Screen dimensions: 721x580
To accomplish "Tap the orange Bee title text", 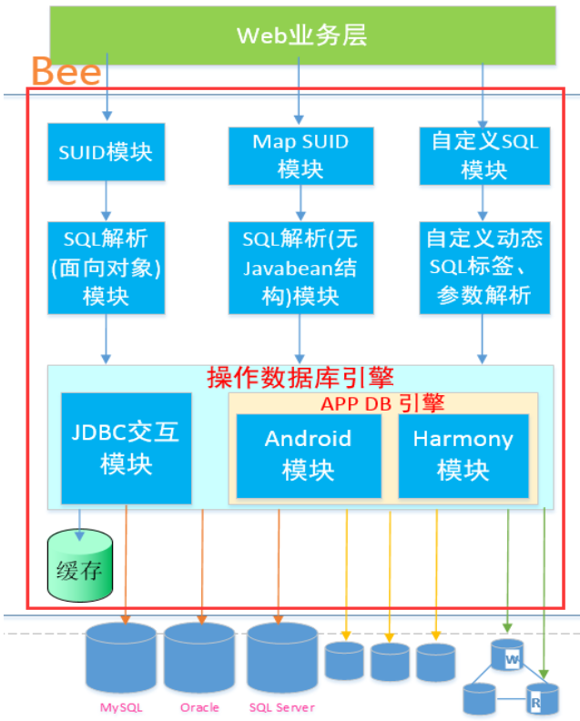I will tap(66, 71).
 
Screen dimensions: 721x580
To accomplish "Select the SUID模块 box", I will tap(106, 152).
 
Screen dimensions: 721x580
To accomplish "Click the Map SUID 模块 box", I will tap(300, 155).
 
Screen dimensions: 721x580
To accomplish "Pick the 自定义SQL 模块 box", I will tap(484, 155).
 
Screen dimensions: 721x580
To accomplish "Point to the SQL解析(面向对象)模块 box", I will tap(106, 268).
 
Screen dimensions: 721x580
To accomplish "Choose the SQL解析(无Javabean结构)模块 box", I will tap(300, 268).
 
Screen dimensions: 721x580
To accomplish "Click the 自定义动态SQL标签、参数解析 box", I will tap(484, 268).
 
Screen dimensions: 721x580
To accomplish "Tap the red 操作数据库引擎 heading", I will tap(300, 377).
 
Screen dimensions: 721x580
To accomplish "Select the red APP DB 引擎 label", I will tap(382, 402).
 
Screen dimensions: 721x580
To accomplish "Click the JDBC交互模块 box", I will tap(126, 448).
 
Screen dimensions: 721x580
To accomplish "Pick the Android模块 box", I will tap(308, 454).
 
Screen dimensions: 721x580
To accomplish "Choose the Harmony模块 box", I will tap(463, 454).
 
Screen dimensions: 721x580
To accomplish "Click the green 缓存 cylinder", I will tap(80, 567).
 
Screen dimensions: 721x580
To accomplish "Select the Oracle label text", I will tap(199, 707).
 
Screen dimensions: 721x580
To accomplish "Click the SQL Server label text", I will tap(281, 707).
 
